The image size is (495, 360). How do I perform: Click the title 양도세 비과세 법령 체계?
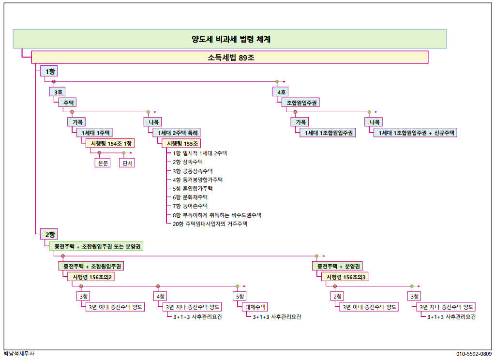pyautogui.click(x=231, y=39)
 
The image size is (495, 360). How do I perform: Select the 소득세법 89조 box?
pyautogui.click(x=230, y=58)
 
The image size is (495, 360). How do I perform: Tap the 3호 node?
pyautogui.click(x=58, y=92)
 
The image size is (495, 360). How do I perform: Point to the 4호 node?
pyautogui.click(x=281, y=92)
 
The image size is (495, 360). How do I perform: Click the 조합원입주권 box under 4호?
pyautogui.click(x=301, y=103)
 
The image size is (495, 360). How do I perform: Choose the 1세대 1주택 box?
pyautogui.click(x=95, y=133)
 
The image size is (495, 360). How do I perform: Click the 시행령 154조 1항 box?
pyautogui.click(x=110, y=143)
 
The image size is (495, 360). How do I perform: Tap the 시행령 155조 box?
pyautogui.click(x=181, y=143)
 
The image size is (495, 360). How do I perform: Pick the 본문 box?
pyautogui.click(x=103, y=163)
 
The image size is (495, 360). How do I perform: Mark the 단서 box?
pyautogui.click(x=127, y=163)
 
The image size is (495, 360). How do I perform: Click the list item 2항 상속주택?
pyautogui.click(x=188, y=162)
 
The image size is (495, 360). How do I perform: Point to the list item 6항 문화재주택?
pyautogui.click(x=190, y=197)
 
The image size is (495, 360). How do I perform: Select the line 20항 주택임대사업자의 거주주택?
pyautogui.click(x=210, y=224)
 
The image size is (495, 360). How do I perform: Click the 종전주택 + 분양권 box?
pyautogui.click(x=337, y=266)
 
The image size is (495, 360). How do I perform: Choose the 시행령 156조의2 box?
pyautogui.click(x=91, y=277)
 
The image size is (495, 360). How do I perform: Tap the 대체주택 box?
pyautogui.click(x=255, y=307)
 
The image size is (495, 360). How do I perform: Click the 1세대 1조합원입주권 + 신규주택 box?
pyautogui.click(x=416, y=133)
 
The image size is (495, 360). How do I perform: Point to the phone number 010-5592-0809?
pyautogui.click(x=474, y=354)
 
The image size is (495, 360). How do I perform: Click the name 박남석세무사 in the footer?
pyautogui.click(x=19, y=354)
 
